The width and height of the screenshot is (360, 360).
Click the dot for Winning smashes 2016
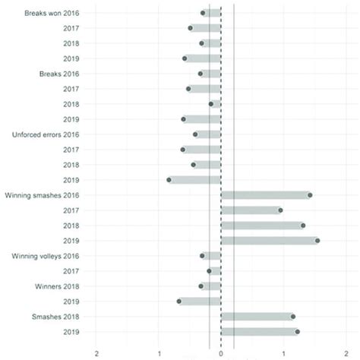(310, 195)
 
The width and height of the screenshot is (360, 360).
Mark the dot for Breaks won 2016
(203, 13)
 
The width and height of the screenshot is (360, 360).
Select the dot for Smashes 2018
(293, 317)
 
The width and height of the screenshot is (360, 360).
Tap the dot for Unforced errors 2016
(195, 134)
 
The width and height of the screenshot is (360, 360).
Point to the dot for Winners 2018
(201, 286)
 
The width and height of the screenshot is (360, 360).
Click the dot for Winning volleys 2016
(203, 256)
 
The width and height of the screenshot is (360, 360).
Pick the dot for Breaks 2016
(201, 74)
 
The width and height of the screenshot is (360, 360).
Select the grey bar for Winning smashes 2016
(265, 195)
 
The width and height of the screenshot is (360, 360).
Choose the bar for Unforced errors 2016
(208, 134)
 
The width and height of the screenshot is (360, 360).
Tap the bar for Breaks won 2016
(212, 13)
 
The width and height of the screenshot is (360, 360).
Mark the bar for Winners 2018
(211, 286)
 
